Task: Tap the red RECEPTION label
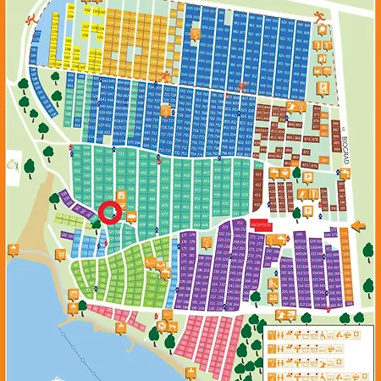[261, 226]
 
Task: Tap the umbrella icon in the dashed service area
[323, 69]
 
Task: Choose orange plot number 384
[349, 303]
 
